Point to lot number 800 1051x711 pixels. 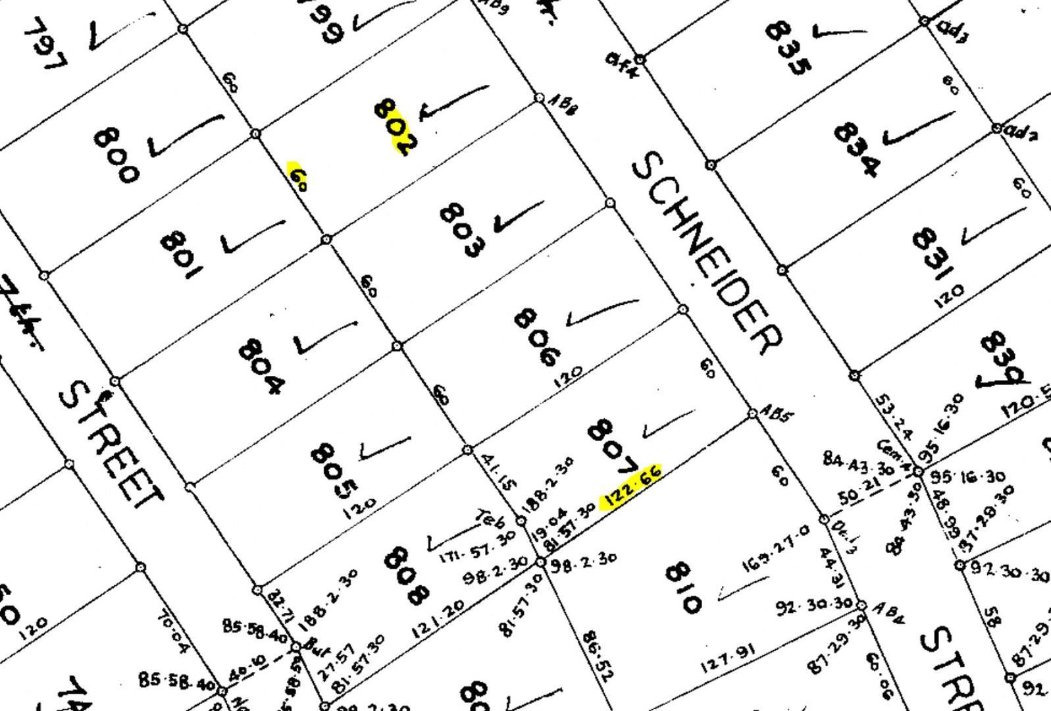point(116,155)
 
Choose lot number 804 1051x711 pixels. point(261,366)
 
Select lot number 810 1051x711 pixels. point(683,587)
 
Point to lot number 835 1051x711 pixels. point(788,48)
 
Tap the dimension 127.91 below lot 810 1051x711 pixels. point(727,658)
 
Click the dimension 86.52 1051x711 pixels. point(598,656)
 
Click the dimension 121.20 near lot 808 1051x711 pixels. point(438,619)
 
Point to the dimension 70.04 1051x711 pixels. point(172,633)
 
